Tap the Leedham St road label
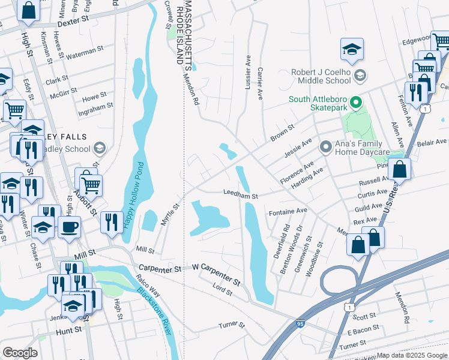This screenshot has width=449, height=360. point(240,196)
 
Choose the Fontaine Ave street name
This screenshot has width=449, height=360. point(288,211)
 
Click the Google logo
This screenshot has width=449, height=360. point(20,352)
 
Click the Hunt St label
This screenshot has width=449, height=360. point(68,330)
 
